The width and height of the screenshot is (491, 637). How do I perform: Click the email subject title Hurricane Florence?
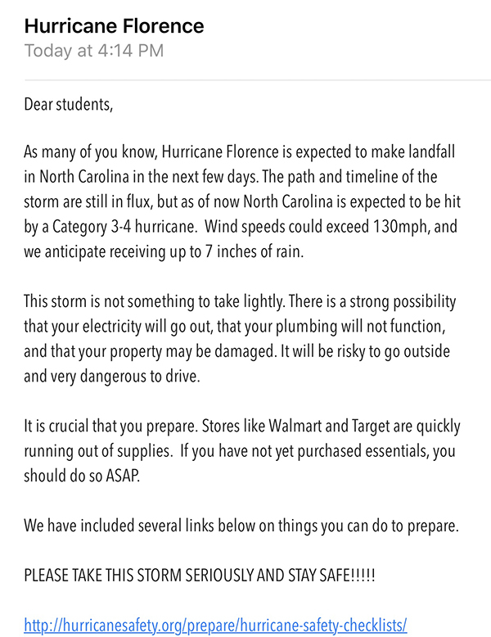click(114, 25)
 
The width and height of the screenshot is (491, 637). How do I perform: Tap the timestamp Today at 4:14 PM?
click(93, 51)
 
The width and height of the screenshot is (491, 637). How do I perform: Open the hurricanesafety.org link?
click(215, 626)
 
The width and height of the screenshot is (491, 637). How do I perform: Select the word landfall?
click(426, 151)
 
